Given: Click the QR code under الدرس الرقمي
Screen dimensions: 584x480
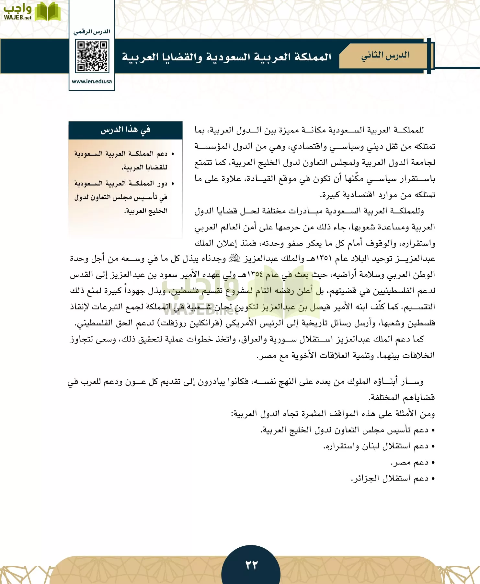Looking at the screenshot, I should pyautogui.click(x=92, y=56).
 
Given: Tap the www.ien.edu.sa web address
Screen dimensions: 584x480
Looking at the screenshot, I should pyautogui.click(x=92, y=81).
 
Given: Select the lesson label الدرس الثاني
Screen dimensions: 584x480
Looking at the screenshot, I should pyautogui.click(x=385, y=56).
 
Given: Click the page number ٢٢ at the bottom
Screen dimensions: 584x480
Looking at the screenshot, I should pyautogui.click(x=251, y=565).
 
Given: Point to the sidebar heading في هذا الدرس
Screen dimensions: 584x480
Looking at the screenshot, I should pyautogui.click(x=125, y=130).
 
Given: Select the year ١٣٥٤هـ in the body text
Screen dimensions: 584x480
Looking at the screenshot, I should pyautogui.click(x=254, y=274).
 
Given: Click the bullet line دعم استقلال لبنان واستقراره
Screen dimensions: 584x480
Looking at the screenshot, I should pyautogui.click(x=376, y=446).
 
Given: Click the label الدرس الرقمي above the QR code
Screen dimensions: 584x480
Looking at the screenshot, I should pyautogui.click(x=92, y=32).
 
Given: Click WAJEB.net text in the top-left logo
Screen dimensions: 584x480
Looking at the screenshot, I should pyautogui.click(x=17, y=18).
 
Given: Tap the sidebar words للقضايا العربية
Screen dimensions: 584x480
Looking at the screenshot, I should pyautogui.click(x=144, y=167).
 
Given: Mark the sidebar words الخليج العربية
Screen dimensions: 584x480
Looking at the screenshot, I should pyautogui.click(x=146, y=211).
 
